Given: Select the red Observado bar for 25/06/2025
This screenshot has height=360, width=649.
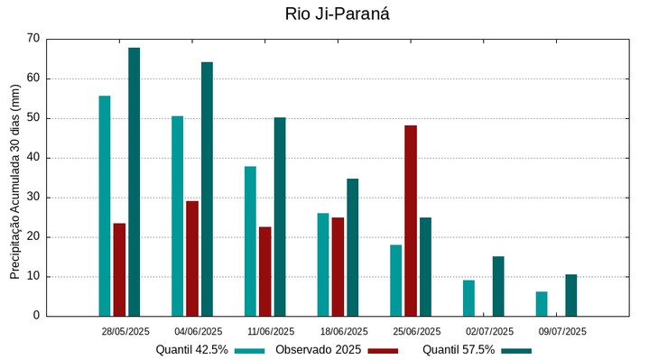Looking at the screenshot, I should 411,221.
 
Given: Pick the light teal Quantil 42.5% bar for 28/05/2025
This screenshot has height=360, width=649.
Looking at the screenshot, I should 105,206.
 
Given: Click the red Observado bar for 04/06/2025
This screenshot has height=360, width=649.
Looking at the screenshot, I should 192,258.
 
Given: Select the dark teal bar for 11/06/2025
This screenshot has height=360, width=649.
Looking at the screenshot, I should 280,217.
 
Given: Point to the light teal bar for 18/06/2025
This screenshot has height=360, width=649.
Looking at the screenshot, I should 323,264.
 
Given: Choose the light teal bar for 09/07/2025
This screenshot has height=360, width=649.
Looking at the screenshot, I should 542,304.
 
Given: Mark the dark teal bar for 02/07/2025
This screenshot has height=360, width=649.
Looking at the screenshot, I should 498,286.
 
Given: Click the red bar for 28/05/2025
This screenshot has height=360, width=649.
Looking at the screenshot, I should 119,270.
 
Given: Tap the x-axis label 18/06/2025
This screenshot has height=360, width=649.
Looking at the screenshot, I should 344,331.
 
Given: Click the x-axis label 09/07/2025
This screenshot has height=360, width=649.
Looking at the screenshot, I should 562,331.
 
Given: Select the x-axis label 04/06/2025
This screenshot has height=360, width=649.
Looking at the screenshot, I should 199,331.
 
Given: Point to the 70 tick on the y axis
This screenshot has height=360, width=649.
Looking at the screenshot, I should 33,39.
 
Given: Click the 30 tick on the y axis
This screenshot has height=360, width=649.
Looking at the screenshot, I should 33,198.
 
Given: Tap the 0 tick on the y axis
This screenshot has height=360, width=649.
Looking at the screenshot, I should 36,317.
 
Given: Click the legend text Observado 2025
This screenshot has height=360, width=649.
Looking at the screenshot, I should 318,350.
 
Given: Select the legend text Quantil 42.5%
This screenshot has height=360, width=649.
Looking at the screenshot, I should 191,350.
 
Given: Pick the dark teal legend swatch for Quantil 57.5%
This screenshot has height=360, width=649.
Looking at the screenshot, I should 516,350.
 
